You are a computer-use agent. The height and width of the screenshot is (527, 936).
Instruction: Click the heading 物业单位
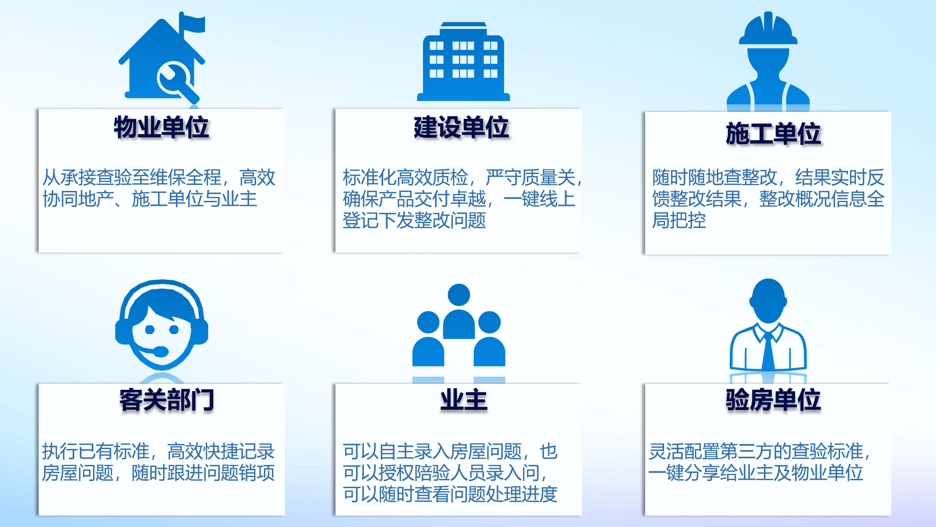[161, 127]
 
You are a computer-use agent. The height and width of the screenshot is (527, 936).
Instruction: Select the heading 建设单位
[461, 127]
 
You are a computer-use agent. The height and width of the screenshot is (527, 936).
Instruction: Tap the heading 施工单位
[773, 134]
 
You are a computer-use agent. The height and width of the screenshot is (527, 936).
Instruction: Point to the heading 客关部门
[167, 400]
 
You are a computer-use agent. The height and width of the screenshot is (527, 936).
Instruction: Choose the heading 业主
[464, 400]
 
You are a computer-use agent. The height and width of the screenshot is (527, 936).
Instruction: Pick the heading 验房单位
[773, 400]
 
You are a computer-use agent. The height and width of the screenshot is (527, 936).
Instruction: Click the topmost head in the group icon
[459, 295]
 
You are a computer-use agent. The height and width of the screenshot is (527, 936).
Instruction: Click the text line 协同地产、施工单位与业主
[150, 199]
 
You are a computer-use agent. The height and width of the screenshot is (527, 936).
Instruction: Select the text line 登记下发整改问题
[414, 220]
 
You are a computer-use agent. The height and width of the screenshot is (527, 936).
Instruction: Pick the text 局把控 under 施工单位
[679, 220]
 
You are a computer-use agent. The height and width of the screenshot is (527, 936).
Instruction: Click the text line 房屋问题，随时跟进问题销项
[158, 472]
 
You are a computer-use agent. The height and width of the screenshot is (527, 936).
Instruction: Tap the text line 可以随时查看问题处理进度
[450, 494]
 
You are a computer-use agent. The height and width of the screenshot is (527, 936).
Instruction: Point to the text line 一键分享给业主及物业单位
[756, 472]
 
